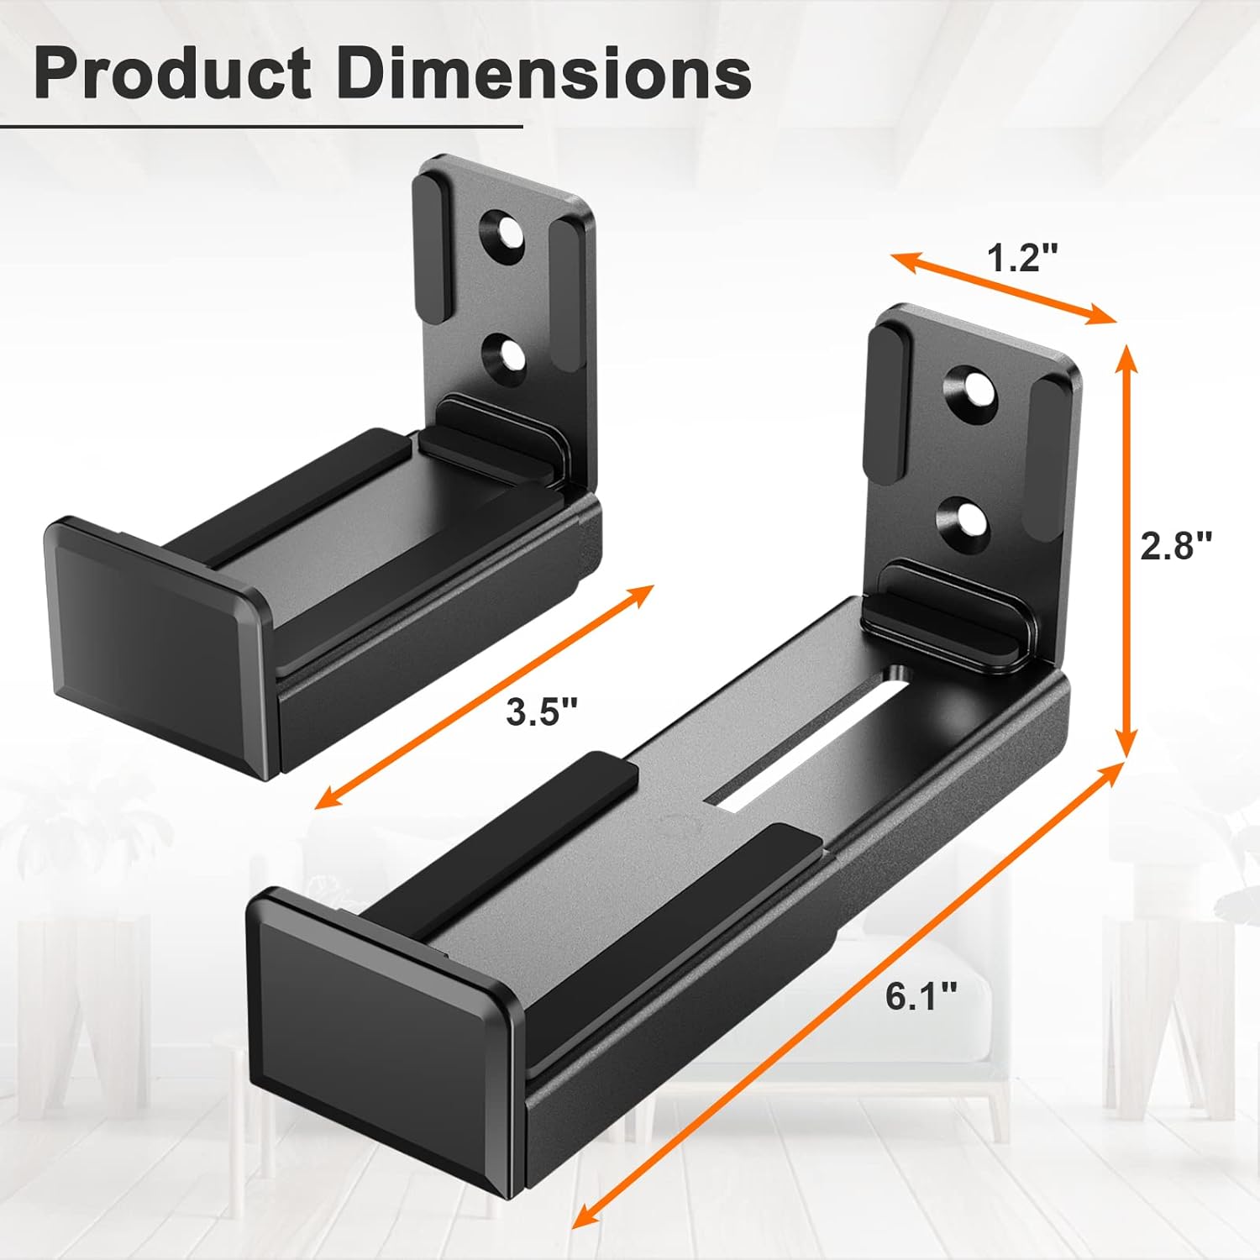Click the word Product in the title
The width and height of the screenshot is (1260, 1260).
click(x=172, y=74)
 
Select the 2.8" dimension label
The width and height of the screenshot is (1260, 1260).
click(x=1176, y=547)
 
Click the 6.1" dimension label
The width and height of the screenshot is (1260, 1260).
click(x=921, y=997)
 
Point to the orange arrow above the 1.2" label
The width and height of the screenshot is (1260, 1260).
click(x=1003, y=286)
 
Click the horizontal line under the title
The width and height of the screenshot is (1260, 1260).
click(x=260, y=127)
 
